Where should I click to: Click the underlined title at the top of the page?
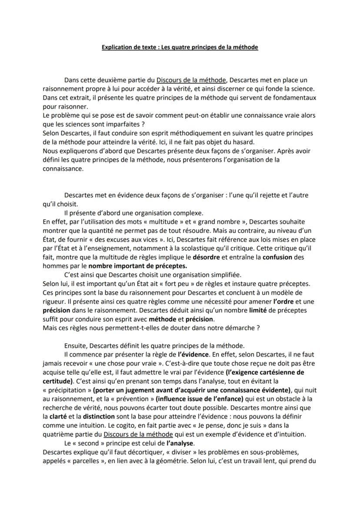(x=180, y=47)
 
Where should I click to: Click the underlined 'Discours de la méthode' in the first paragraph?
(x=191, y=80)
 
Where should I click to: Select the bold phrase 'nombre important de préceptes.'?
(x=138, y=266)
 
